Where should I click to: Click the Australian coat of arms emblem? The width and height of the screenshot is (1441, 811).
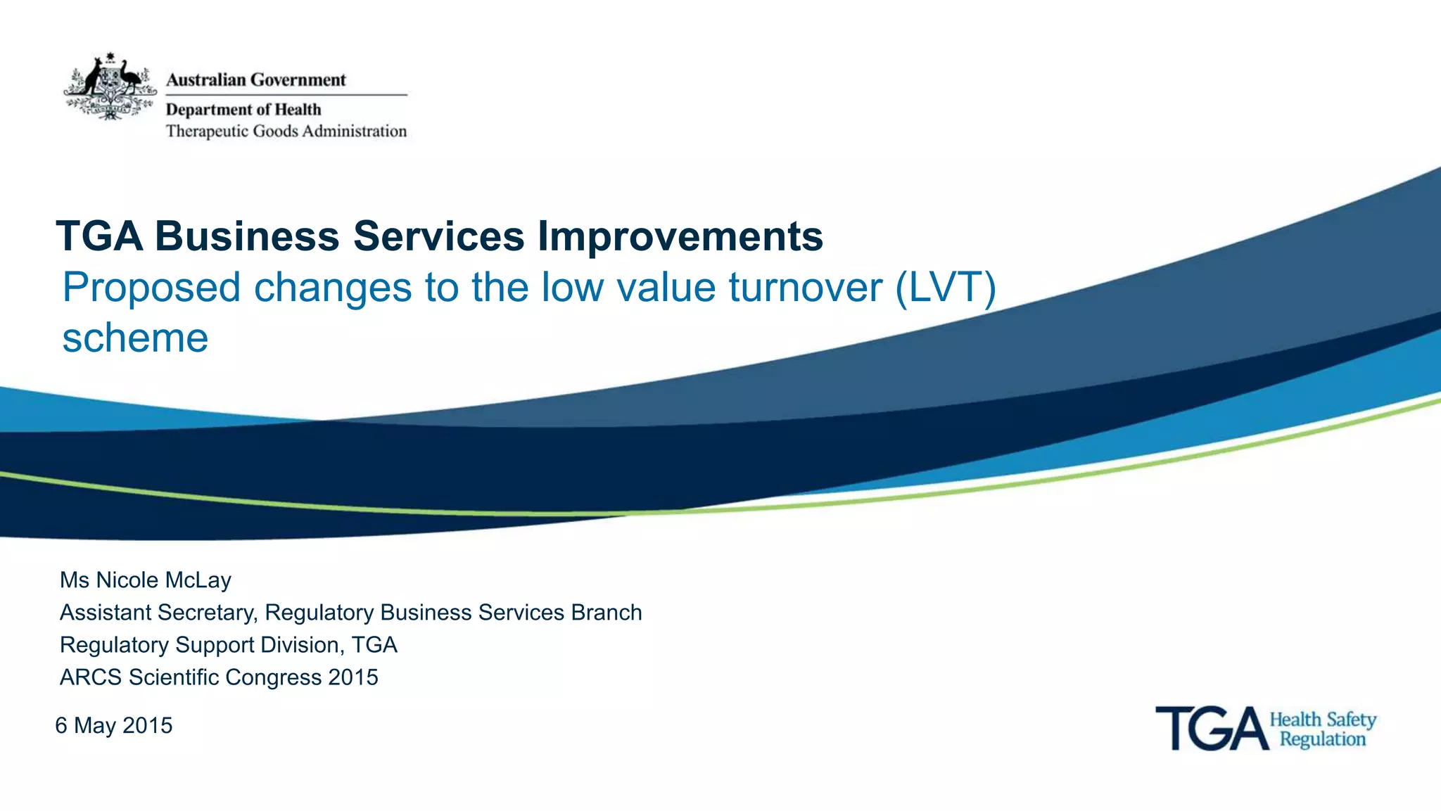109,87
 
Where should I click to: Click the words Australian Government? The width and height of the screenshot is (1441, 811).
255,80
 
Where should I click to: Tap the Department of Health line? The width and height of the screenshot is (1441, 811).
243,110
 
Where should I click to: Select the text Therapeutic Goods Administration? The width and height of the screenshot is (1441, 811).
286,132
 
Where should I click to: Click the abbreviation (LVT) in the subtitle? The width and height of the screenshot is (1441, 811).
946,288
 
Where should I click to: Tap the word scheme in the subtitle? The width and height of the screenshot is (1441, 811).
135,338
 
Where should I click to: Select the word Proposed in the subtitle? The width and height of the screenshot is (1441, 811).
151,288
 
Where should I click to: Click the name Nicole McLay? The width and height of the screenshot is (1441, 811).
163,580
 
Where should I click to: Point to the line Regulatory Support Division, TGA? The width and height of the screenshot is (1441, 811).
228,645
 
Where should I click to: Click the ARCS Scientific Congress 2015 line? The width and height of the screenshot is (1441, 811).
219,677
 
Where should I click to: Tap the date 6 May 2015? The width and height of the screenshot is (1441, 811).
114,726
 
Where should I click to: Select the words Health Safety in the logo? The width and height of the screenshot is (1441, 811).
1322,720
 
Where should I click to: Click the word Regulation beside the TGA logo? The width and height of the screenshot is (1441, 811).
1322,739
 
